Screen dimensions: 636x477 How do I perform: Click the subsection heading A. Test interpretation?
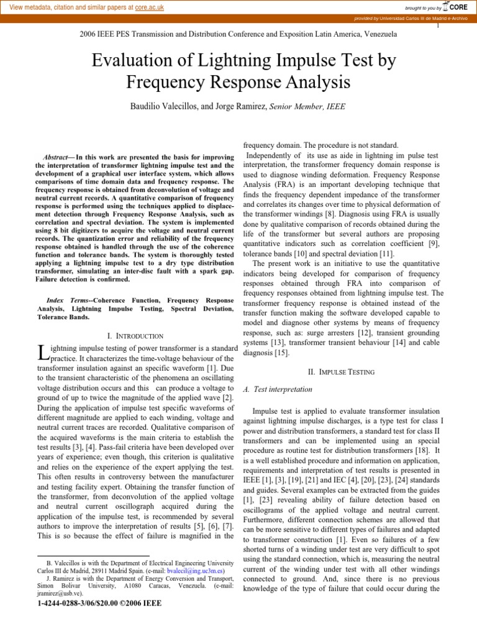tap(276, 389)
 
